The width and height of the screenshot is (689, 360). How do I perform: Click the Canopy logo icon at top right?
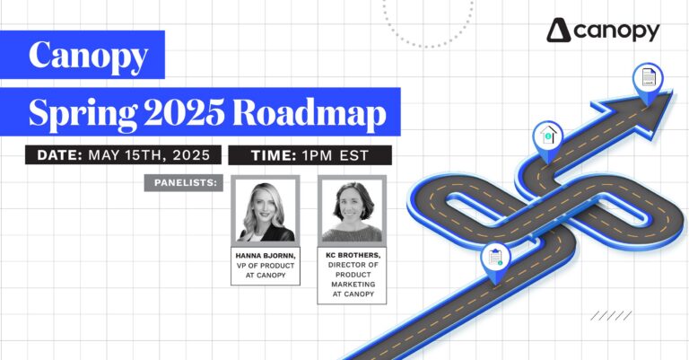(x=559, y=31)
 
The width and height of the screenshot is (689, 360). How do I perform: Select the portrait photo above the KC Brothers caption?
(x=352, y=211)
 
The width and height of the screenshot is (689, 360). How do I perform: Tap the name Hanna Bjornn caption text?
(x=264, y=255)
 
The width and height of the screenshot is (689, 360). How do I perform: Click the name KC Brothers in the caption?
(x=352, y=255)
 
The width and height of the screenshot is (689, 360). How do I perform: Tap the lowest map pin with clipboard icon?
(x=493, y=258)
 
